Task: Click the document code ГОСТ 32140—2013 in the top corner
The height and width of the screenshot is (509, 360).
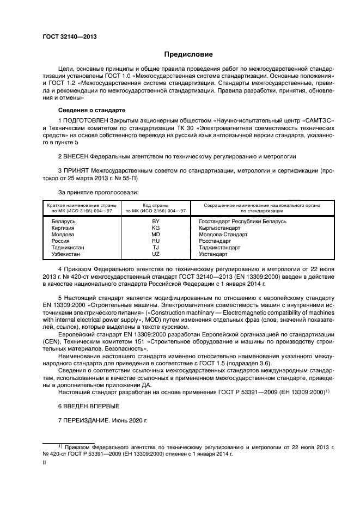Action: click(66, 37)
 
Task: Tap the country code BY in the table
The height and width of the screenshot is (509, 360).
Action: click(156, 222)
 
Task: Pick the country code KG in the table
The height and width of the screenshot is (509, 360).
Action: click(156, 228)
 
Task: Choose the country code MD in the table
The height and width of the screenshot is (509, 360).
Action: click(156, 235)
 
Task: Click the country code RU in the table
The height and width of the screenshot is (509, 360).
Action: click(156, 241)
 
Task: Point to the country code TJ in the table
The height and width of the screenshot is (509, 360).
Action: click(156, 248)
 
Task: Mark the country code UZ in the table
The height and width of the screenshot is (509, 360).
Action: click(156, 254)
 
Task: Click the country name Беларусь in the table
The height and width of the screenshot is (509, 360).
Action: click(63, 222)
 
